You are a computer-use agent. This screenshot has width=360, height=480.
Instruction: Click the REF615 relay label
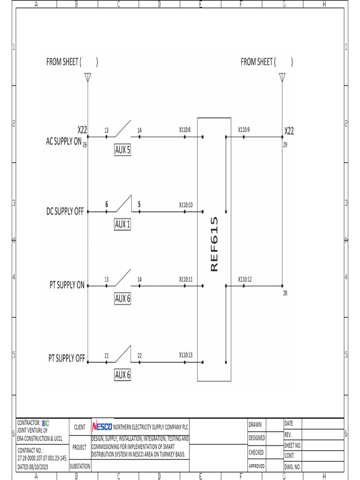(214, 244)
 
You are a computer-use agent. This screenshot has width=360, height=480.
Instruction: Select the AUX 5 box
(122, 150)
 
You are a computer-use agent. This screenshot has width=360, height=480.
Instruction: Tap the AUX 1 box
(122, 225)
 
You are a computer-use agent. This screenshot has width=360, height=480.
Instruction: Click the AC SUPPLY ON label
(64, 142)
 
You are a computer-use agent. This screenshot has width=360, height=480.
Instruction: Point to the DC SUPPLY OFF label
(65, 211)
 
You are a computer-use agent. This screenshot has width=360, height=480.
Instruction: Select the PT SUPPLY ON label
(67, 285)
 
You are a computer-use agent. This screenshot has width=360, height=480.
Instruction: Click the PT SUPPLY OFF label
(67, 359)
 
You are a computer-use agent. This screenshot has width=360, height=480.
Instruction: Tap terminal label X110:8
(185, 129)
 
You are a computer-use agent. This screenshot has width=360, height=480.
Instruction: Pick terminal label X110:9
(244, 129)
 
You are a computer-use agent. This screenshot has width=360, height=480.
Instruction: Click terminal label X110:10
(186, 205)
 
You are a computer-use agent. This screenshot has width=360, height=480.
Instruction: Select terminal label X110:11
(186, 279)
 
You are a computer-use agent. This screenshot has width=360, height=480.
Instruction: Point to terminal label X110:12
(245, 279)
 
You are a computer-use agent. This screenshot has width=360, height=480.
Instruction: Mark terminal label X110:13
(186, 355)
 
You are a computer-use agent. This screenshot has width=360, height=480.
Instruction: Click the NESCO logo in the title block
(102, 427)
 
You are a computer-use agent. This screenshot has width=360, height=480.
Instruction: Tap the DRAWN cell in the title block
(255, 425)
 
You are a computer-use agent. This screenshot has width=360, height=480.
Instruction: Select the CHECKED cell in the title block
(256, 453)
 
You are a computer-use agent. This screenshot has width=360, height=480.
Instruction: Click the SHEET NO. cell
(292, 445)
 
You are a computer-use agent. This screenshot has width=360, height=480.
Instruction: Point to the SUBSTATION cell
(80, 466)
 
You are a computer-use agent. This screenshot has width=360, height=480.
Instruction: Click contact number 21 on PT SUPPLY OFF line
(106, 356)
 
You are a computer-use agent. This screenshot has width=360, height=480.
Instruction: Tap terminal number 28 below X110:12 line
(285, 293)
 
